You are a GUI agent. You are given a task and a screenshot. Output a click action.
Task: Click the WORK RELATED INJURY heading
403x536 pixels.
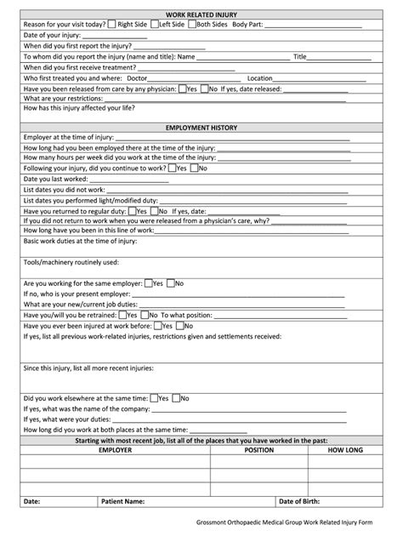201,14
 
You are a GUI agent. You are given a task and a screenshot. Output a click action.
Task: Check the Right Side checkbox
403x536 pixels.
111,25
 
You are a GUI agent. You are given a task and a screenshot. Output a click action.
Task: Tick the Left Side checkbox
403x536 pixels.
155,25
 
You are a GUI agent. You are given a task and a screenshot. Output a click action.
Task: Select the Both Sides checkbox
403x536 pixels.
192,25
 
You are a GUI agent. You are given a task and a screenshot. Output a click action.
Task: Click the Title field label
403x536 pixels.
299,57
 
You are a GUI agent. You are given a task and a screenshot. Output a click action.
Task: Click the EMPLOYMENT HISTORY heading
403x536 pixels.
201,128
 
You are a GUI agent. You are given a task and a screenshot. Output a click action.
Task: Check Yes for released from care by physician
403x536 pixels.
181,88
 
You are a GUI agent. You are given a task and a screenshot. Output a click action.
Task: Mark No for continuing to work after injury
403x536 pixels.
194,168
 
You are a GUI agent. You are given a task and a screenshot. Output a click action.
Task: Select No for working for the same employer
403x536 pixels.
171,282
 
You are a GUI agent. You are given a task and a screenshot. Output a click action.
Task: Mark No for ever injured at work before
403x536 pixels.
182,324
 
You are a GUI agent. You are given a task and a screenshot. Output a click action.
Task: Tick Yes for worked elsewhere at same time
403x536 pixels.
153,397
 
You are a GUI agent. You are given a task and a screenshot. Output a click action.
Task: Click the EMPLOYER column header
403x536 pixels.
115,449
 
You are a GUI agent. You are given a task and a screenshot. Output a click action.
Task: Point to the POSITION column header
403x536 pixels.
258,449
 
